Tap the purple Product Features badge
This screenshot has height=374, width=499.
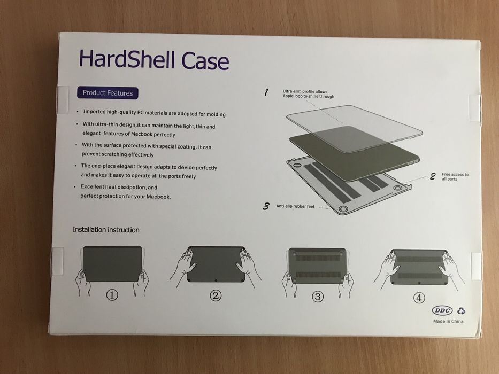(107, 93)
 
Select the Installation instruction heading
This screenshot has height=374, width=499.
(106, 230)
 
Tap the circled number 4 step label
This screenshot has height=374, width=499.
(419, 297)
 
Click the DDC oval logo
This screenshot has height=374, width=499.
(442, 310)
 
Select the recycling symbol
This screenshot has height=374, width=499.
(460, 310)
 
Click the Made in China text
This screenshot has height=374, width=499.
(448, 321)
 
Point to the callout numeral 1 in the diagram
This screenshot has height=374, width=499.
(266, 92)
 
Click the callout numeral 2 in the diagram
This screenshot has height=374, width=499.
(432, 177)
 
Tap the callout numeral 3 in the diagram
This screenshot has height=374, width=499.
(266, 206)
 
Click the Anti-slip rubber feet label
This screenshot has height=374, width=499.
(295, 206)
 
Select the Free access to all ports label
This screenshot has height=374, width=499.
(455, 176)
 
